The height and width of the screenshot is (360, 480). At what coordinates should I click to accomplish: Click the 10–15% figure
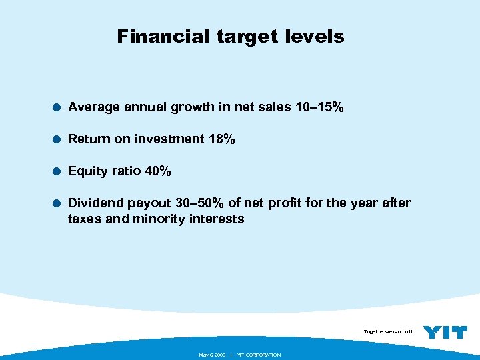[319, 107]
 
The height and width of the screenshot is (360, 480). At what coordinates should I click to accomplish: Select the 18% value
[221, 139]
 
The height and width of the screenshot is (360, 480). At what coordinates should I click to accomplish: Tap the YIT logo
[445, 332]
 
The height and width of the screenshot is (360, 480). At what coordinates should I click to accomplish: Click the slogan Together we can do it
[389, 331]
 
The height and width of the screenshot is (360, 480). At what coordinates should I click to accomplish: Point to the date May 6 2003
[213, 355]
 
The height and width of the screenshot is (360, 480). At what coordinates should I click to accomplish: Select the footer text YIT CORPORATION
[259, 355]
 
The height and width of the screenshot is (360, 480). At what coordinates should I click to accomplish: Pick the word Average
[95, 107]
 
